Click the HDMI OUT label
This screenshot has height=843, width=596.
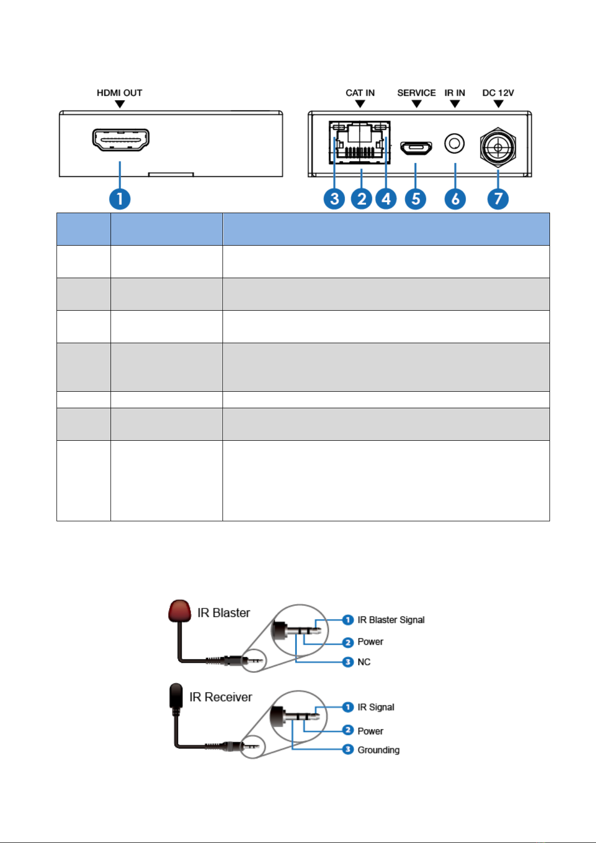tap(119, 93)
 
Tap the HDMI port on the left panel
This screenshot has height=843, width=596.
tap(120, 140)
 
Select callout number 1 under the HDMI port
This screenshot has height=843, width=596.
tap(119, 199)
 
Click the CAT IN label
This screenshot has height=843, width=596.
tap(360, 93)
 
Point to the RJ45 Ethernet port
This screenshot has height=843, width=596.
tap(359, 142)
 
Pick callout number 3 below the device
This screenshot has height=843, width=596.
tap(334, 199)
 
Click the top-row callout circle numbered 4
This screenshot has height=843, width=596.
tap(386, 199)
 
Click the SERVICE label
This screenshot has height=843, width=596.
tap(416, 93)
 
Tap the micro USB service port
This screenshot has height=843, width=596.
tap(416, 148)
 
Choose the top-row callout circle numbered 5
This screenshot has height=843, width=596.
tap(415, 199)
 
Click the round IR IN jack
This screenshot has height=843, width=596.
tap(454, 144)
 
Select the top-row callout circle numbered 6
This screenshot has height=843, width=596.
tap(455, 199)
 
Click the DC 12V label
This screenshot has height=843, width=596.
tap(498, 93)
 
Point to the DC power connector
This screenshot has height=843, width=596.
tap(498, 147)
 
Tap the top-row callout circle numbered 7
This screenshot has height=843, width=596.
tap(498, 199)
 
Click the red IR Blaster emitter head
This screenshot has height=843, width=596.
tap(179, 610)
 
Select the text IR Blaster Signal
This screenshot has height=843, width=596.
tap(391, 620)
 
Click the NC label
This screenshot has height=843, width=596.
tap(364, 662)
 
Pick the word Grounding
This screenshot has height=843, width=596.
tap(378, 750)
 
